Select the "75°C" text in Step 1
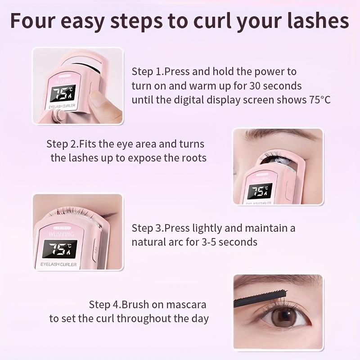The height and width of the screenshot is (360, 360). pos(317,99)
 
